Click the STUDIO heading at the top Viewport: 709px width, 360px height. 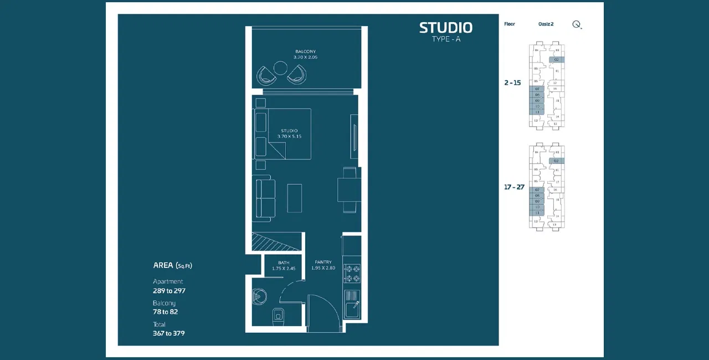(x=445, y=28)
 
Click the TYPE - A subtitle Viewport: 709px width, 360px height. (x=445, y=39)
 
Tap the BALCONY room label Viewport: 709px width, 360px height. (x=305, y=52)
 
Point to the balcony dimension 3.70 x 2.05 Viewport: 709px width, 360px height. (x=305, y=58)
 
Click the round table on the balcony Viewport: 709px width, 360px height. (x=281, y=68)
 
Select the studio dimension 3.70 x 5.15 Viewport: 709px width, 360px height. (x=289, y=136)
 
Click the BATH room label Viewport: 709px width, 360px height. (x=284, y=263)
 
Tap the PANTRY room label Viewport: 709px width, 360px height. (x=323, y=262)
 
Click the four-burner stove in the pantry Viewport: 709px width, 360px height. (x=352, y=273)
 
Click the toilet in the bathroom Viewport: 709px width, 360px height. (x=278, y=315)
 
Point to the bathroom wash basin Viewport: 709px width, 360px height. (x=259, y=297)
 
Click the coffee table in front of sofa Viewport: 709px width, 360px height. (x=295, y=198)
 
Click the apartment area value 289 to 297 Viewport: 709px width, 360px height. (x=169, y=291)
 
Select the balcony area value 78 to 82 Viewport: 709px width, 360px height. (x=165, y=312)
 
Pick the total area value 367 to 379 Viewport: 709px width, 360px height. (x=168, y=333)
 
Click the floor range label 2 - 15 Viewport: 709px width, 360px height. (x=512, y=83)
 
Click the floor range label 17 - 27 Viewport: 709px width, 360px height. (x=514, y=187)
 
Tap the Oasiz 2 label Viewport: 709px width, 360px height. (x=546, y=24)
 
